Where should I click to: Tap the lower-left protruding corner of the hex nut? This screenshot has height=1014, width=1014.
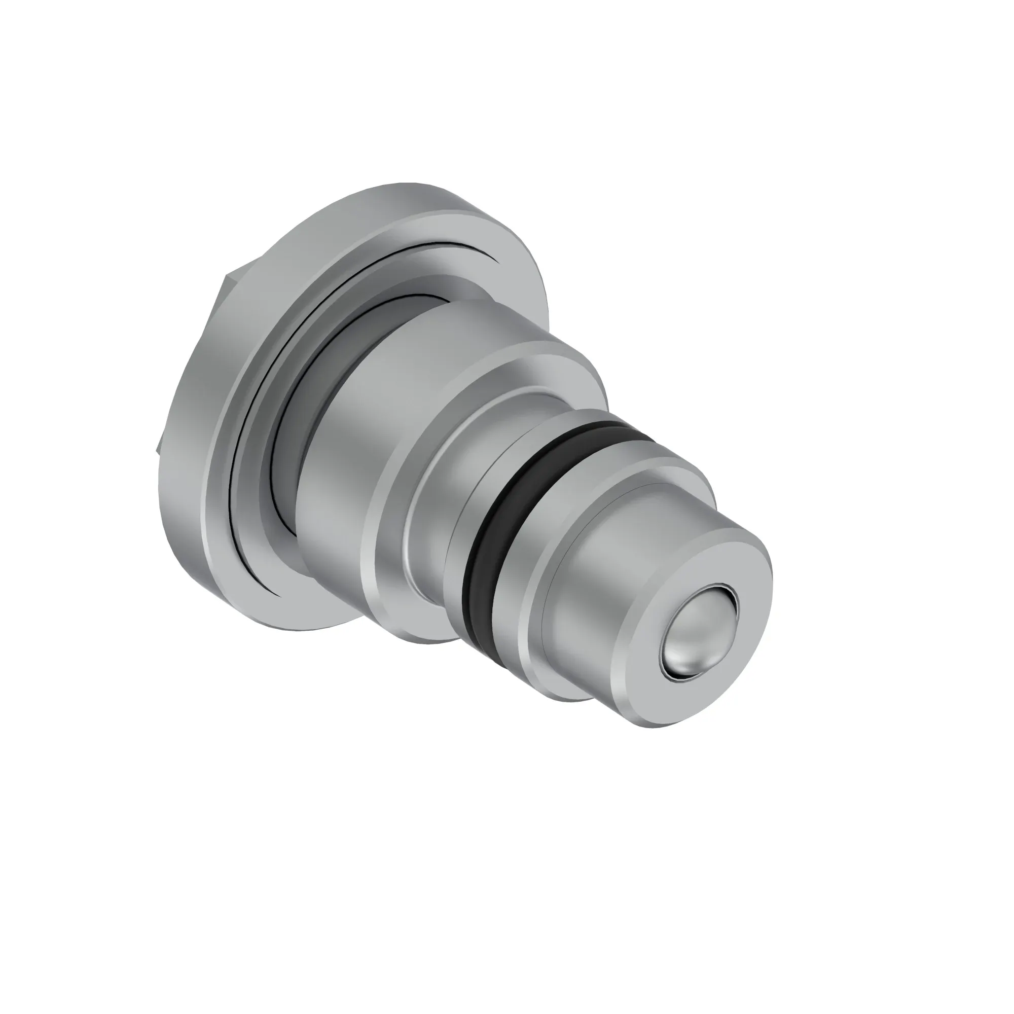coord(161,441)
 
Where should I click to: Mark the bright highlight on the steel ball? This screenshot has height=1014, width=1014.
coord(682,659)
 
